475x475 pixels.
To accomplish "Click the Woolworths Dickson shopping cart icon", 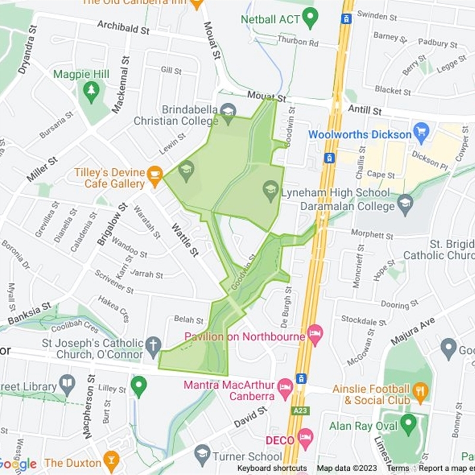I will tap(422, 131).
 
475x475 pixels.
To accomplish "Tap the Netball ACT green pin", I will tap(310, 18).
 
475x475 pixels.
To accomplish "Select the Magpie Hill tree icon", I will tap(91, 90).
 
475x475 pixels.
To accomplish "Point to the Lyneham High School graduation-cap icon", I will tap(271, 191).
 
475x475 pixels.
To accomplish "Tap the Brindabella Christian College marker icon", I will tap(227, 112).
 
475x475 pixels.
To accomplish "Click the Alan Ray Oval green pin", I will tap(408, 424).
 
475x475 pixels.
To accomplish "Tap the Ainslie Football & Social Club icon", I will tap(422, 390).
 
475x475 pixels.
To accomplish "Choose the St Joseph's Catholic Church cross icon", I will tap(153, 345).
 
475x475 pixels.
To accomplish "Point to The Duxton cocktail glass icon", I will tap(110, 460).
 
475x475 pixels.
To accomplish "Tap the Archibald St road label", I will tap(123, 28).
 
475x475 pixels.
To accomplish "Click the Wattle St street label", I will tap(185, 239).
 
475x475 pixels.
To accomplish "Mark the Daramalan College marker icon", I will tap(405, 204).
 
